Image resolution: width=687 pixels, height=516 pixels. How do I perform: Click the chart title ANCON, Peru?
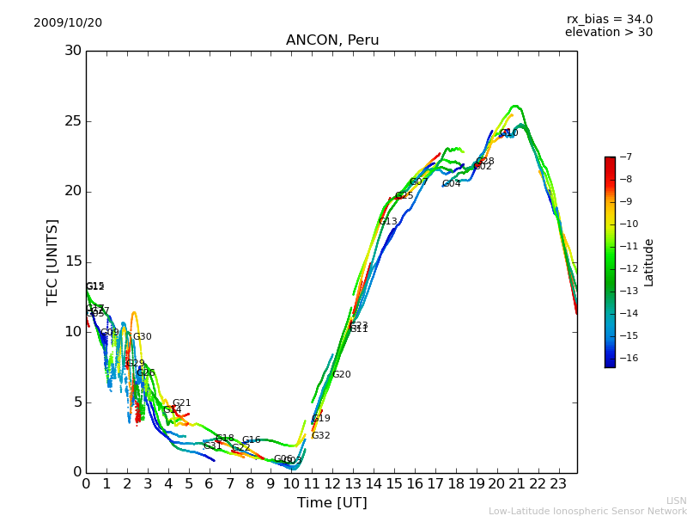point(332,40)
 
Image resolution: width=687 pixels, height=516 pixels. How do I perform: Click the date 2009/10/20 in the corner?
point(68,22)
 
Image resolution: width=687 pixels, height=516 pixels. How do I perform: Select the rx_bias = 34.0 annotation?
point(609,19)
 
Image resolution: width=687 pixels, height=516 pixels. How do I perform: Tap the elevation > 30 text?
point(609,33)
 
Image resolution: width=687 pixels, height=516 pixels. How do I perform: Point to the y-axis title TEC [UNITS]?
point(52,261)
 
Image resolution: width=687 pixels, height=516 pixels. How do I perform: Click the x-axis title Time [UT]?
point(331,503)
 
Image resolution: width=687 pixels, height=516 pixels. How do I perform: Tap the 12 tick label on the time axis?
point(332,484)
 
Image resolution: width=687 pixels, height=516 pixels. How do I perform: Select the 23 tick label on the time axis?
point(558,484)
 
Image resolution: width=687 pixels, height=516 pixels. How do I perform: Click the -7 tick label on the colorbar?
point(624,157)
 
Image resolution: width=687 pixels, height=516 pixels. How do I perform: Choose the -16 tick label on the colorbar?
point(627,359)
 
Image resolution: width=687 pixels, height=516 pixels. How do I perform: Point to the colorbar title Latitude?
point(649,262)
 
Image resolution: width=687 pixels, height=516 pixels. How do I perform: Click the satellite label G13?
point(388,222)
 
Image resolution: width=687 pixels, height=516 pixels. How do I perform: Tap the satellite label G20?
point(342,375)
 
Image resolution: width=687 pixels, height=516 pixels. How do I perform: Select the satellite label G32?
point(320,436)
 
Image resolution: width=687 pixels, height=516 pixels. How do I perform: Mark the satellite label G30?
point(142,337)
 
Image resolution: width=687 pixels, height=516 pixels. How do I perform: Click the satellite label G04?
point(451,184)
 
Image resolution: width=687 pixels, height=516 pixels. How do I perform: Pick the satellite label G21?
point(181,403)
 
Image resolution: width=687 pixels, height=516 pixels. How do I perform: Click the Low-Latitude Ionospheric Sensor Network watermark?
point(587,512)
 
